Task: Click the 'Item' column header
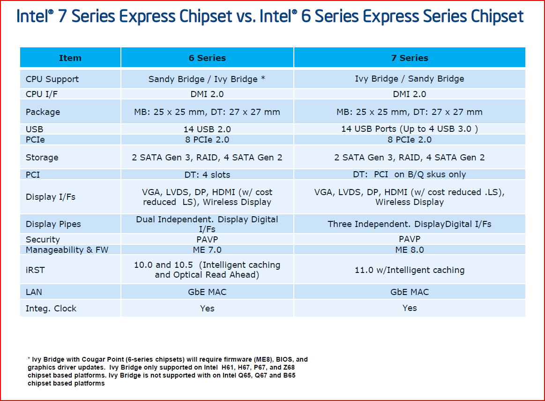click(x=70, y=58)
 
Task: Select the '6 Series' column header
click(x=207, y=58)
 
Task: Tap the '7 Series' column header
click(x=410, y=58)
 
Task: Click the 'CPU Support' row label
click(x=52, y=79)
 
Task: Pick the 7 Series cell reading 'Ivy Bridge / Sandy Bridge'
click(x=410, y=79)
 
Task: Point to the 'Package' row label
click(x=43, y=112)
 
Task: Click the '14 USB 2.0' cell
click(x=207, y=129)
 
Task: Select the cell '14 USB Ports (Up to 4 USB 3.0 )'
click(x=410, y=129)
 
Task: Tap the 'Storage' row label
click(x=42, y=158)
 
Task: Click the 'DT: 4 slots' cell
click(x=207, y=174)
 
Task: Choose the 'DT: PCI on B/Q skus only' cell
click(x=410, y=174)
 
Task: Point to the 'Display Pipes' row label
click(x=53, y=224)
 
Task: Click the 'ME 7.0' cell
click(x=207, y=250)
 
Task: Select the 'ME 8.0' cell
click(x=410, y=250)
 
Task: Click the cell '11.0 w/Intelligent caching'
click(x=410, y=270)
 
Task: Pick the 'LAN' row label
click(x=34, y=292)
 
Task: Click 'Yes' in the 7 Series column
click(x=410, y=308)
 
